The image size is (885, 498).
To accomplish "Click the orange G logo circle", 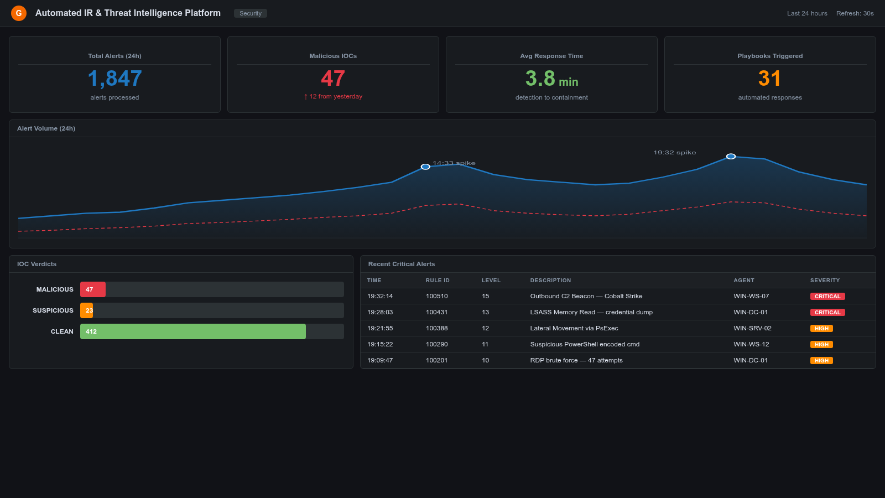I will coord(19,13).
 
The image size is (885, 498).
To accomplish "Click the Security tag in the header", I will coord(250,13).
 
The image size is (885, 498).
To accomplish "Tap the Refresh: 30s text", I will coord(855,13).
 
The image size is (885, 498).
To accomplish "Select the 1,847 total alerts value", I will coord(115,79).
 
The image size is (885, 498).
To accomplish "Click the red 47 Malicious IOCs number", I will coord(333,79).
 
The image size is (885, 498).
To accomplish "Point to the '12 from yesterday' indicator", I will coord(333,96).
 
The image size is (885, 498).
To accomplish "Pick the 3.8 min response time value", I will coord(551,79).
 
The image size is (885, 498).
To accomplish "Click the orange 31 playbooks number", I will coord(769,79).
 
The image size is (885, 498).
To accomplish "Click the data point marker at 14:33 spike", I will coord(425,167).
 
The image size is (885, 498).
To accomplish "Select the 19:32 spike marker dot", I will coord(731,157).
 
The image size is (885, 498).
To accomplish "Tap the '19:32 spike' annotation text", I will coord(674,152).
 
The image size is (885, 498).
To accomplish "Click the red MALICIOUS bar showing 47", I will coord(92,289).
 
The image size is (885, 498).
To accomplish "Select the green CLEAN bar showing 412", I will coord(192,331).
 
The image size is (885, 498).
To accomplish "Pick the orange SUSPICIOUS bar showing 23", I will coord(87,310).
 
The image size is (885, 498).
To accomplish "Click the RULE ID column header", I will coord(438,281).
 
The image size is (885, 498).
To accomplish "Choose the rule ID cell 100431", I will coord(436,312).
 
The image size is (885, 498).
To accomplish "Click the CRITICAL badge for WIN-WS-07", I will coord(827,297).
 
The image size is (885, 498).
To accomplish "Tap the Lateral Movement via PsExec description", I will coord(574,328).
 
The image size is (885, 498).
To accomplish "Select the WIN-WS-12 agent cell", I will coord(751,344).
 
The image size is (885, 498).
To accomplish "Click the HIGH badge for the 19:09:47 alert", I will coord(821,361).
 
